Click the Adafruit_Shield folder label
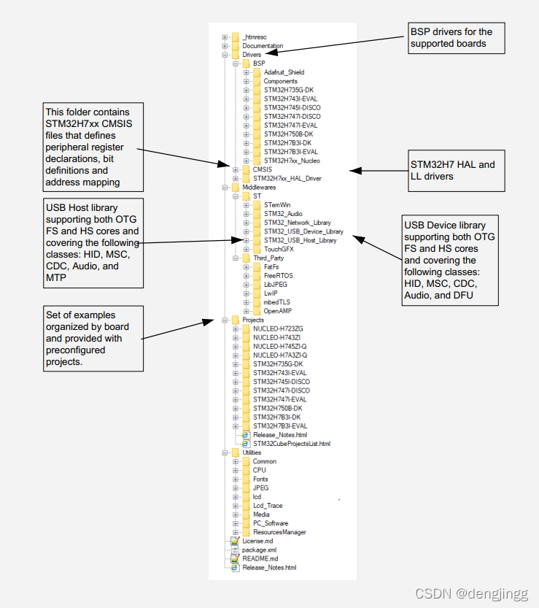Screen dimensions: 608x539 (284, 72)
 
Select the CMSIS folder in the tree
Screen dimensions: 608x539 (262, 169)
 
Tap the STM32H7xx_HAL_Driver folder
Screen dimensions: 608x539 (287, 178)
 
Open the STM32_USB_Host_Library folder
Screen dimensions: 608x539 (300, 240)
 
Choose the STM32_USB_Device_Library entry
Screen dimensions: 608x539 (303, 231)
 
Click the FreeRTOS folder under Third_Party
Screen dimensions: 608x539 (279, 276)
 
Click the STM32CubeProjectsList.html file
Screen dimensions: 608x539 (291, 443)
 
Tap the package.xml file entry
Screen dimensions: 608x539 (259, 550)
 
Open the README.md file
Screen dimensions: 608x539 (260, 558)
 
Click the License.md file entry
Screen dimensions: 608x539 (257, 541)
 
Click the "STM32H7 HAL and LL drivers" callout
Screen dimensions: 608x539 (453, 170)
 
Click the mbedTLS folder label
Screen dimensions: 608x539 (277, 302)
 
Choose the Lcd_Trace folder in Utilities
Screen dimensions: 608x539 (268, 506)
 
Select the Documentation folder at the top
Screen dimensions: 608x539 (263, 45)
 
